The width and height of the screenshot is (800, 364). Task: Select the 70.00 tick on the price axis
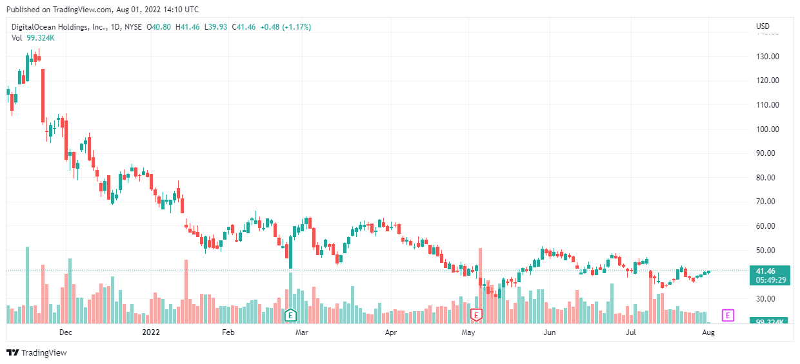tap(767, 202)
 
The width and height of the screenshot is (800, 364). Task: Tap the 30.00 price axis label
tap(767, 298)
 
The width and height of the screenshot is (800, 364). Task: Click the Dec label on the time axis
tap(65, 332)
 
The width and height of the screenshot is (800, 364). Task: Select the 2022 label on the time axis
tap(150, 332)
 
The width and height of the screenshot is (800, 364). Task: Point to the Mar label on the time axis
tap(301, 332)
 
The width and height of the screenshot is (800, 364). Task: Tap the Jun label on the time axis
tap(549, 332)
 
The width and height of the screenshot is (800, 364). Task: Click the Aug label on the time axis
tap(708, 332)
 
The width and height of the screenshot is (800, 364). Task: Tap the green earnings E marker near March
tap(290, 315)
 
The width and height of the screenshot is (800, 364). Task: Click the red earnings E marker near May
tap(476, 315)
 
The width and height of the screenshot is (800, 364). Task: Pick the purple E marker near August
tap(728, 315)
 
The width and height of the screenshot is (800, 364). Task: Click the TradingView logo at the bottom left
tap(36, 352)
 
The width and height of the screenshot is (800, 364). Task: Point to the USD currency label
tap(763, 26)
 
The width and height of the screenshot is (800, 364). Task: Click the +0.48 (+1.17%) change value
tap(285, 27)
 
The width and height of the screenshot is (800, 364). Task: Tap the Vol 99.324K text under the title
tap(33, 38)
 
